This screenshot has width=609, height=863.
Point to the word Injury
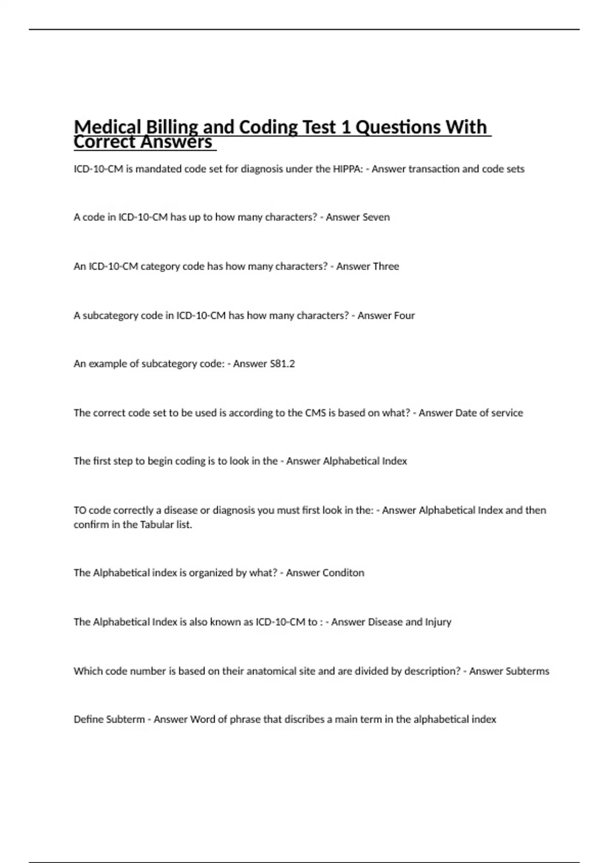click(x=438, y=622)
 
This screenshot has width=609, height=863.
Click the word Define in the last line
click(x=88, y=719)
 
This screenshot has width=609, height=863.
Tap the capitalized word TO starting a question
click(x=80, y=510)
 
